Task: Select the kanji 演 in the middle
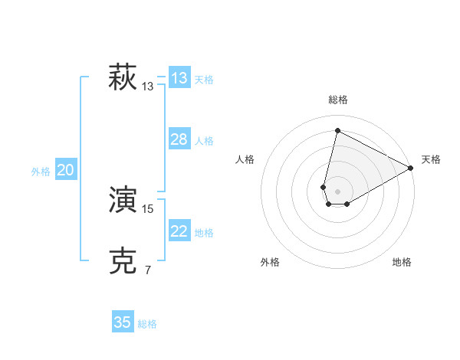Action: point(123,201)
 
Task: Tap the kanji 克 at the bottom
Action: point(123,261)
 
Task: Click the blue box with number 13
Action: point(179,78)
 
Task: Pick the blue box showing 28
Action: point(179,139)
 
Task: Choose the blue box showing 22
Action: point(179,231)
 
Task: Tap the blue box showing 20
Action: point(65,170)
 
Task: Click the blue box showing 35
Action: point(123,322)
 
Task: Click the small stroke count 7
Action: point(148,270)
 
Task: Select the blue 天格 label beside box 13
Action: point(204,79)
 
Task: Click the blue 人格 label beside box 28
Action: point(204,141)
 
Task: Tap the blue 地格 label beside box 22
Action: point(204,233)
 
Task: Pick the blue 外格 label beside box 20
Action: point(41,172)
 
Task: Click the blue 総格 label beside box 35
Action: point(147,324)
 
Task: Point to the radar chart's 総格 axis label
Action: point(338,100)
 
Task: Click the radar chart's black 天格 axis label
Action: point(431,159)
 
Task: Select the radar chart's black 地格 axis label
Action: point(402,263)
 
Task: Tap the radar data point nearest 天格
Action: point(411,169)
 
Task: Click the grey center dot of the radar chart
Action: point(338,191)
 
